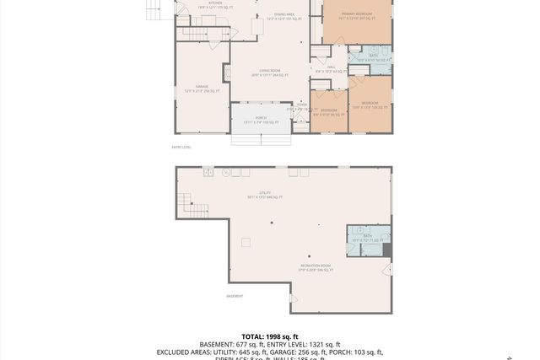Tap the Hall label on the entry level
[x=332, y=70]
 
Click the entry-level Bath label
[x=373, y=58]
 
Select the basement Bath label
[x=367, y=238]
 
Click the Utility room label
[x=265, y=196]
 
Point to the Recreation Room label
[x=316, y=269]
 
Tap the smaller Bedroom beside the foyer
[x=328, y=112]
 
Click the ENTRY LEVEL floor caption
[x=181, y=148]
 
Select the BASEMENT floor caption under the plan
[x=235, y=296]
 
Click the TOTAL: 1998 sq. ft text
[x=270, y=336]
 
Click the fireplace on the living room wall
[x=226, y=72]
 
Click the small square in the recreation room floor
[x=246, y=242]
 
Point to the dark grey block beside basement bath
[x=387, y=250]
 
